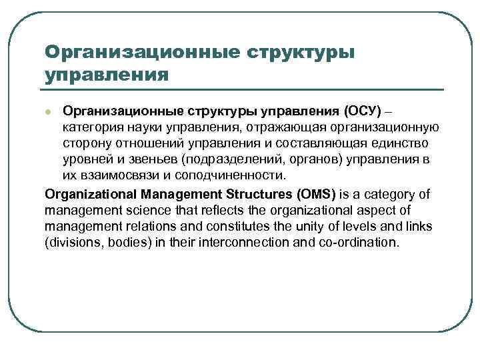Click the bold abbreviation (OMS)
(314, 194)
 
